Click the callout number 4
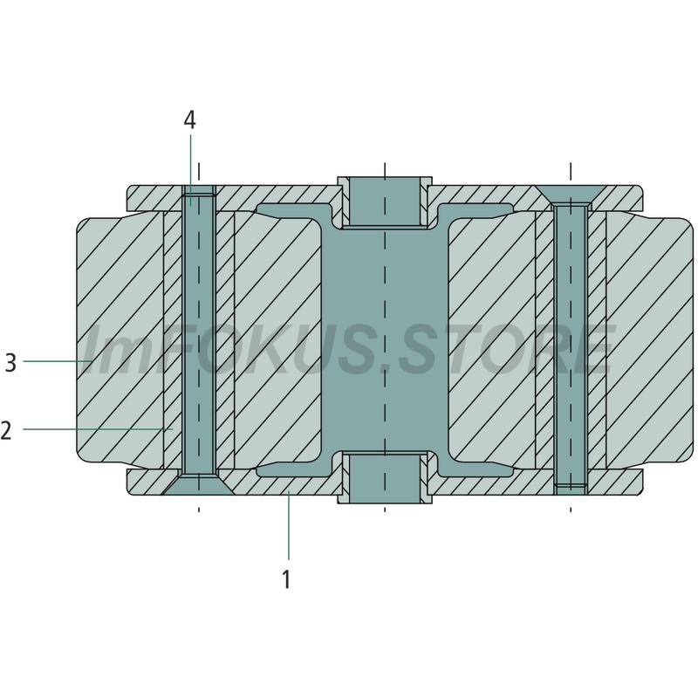click(189, 120)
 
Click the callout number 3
click(10, 362)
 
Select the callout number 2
click(6, 430)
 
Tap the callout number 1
click(287, 579)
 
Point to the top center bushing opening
click(385, 201)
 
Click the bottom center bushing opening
click(385, 478)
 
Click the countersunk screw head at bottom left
click(198, 485)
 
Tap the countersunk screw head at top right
click(571, 195)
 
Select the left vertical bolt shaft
click(199, 334)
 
